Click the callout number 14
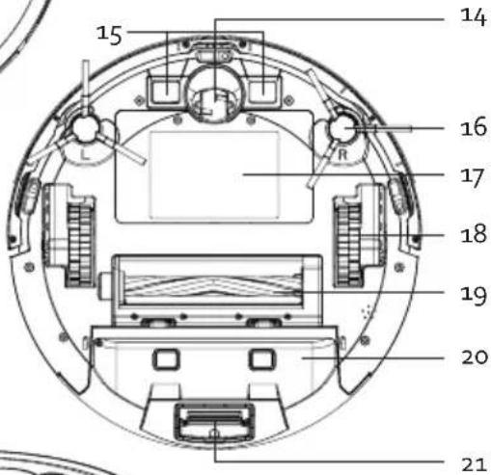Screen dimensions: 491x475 pyautogui.click(x=473, y=16)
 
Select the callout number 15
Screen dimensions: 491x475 pyautogui.click(x=109, y=35)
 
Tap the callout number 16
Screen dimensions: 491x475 pyautogui.click(x=474, y=127)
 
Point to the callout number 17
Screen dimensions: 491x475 pyautogui.click(x=473, y=177)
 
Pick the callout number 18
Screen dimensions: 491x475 pyautogui.click(x=474, y=234)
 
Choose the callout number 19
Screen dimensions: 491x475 pyautogui.click(x=474, y=295)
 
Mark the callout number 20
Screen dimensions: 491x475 pyautogui.click(x=475, y=356)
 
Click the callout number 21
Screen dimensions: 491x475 pyautogui.click(x=473, y=464)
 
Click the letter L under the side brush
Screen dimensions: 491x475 pyautogui.click(x=85, y=155)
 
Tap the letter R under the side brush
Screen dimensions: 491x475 pyautogui.click(x=342, y=155)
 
